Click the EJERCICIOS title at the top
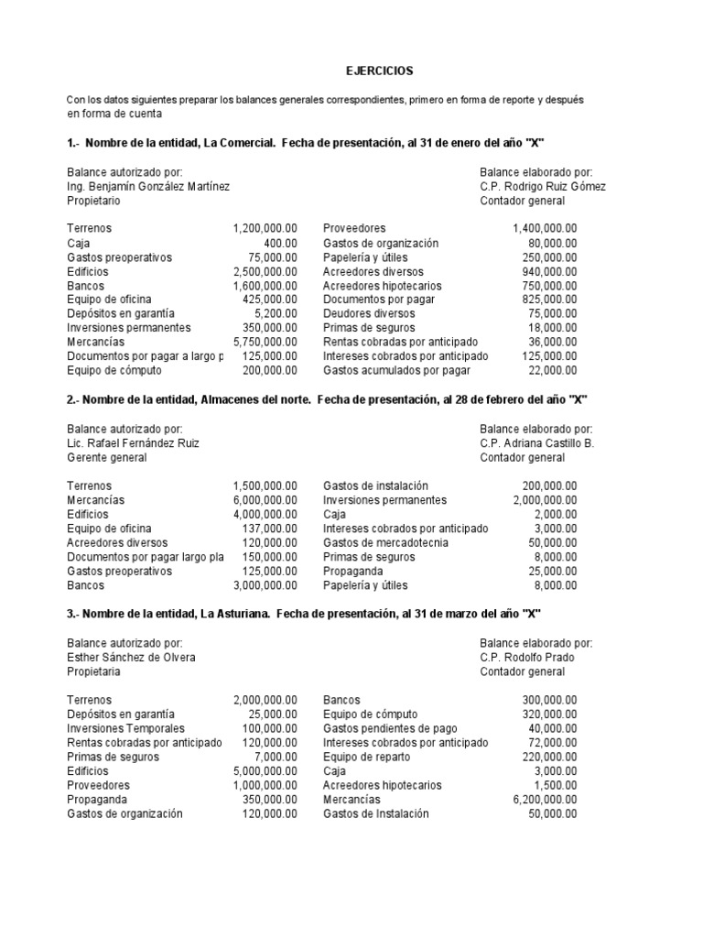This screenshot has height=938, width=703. point(379,71)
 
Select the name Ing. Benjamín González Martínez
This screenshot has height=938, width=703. point(148,186)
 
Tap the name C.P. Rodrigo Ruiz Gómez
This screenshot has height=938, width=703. point(542,186)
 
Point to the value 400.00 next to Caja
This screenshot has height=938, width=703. point(281,243)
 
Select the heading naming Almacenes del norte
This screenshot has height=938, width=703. point(327,400)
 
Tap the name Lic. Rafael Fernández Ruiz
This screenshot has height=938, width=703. point(133,443)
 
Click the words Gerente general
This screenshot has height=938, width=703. point(106,457)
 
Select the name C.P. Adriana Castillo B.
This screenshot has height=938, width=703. point(536,443)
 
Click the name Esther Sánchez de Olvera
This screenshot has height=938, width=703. point(131,657)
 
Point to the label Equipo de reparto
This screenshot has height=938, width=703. point(367,757)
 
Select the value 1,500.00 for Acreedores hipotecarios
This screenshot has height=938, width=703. point(557,785)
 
